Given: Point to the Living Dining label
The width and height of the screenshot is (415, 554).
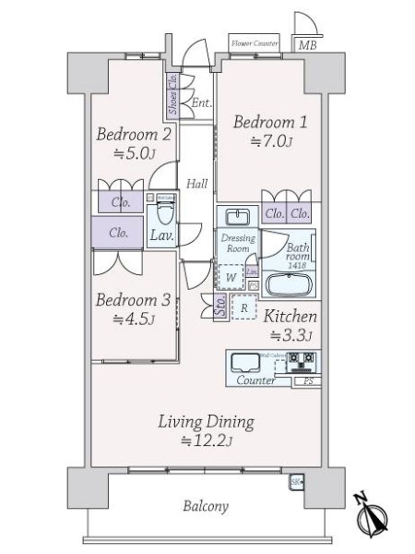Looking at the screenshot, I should [x=205, y=423].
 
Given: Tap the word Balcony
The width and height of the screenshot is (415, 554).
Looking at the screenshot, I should [x=205, y=507].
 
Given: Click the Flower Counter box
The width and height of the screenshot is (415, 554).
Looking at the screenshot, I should [x=255, y=43].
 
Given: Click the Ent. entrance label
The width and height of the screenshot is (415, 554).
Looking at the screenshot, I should [x=200, y=103].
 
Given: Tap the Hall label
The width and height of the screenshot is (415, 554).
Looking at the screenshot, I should [x=196, y=184].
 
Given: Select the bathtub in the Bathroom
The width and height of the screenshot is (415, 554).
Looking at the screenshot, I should [x=289, y=283].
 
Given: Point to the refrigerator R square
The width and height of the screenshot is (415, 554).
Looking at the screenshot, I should [x=243, y=307].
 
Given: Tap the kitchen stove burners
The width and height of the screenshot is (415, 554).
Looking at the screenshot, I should [x=299, y=360].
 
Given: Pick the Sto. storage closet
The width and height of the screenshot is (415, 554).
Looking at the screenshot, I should [x=220, y=307].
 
